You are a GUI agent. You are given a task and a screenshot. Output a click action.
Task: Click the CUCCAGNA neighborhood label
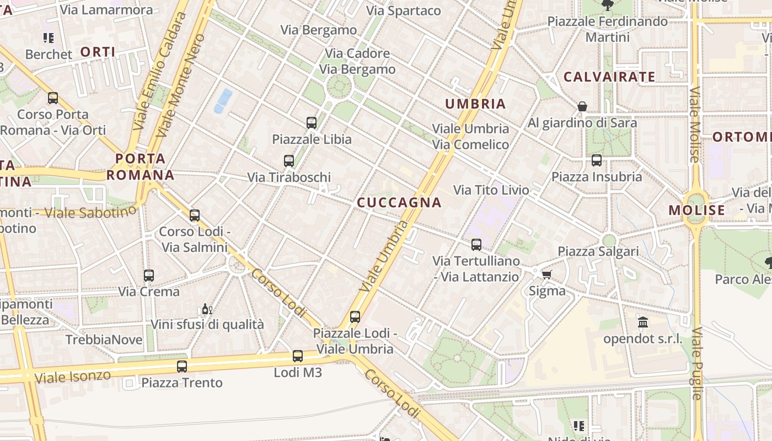tap(399, 202)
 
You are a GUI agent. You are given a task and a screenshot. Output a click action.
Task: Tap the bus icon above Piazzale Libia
tap(312, 122)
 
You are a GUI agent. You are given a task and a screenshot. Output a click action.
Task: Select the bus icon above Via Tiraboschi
tap(289, 161)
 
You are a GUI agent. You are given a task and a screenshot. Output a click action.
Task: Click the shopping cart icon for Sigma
tap(546, 275)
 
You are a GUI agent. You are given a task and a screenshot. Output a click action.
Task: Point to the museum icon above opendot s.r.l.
tap(642, 322)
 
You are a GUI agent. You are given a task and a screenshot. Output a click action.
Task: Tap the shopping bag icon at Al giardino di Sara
tap(582, 106)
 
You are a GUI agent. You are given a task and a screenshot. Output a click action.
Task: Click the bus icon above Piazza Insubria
tap(597, 160)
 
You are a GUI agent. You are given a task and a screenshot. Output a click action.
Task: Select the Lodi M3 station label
tap(298, 372)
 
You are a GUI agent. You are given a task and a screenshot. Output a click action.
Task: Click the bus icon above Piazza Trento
tap(182, 366)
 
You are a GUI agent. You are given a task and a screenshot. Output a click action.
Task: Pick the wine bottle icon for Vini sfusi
tap(207, 309)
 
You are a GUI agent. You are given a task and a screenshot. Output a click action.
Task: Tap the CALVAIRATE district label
tap(609, 77)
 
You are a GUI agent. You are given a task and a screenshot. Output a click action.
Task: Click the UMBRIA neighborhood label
tap(475, 104)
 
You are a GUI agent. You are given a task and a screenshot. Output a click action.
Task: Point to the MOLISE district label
tap(697, 210)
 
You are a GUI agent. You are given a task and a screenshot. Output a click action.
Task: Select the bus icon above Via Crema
tap(149, 275)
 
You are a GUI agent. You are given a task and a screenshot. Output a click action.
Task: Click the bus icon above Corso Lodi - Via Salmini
tap(195, 215)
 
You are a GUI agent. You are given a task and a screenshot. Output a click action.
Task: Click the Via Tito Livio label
tap(491, 190)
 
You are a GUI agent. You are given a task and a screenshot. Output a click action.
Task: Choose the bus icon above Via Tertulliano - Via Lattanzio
tap(476, 244)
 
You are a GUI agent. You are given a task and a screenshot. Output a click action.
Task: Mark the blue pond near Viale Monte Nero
tap(223, 100)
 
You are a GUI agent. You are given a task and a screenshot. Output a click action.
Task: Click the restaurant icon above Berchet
tap(49, 38)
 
